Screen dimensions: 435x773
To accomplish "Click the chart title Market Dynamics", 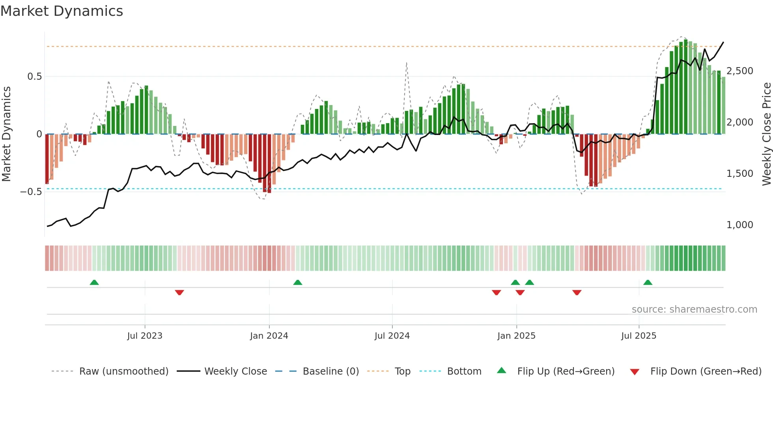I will point(62,11).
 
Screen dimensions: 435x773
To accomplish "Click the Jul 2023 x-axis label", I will point(144,336).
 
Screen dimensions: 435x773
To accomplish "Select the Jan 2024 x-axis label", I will point(269,336).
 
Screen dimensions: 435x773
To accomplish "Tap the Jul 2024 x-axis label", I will point(392,336).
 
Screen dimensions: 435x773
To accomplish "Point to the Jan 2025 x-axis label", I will point(516,336).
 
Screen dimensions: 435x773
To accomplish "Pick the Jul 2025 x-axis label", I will point(639,336).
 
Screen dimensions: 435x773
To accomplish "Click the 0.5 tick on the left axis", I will point(34,77).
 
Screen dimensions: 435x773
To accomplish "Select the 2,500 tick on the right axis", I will point(739,71).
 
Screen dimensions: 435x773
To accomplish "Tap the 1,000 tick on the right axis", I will point(739,225).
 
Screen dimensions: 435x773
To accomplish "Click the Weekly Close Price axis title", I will point(766,134).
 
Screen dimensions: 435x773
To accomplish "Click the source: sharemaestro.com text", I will point(694,309).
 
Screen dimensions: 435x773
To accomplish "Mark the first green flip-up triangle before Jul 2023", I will point(94,282).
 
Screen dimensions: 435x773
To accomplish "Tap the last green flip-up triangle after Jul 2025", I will point(648,282).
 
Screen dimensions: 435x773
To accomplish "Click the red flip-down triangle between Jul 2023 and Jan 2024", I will point(179,292).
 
